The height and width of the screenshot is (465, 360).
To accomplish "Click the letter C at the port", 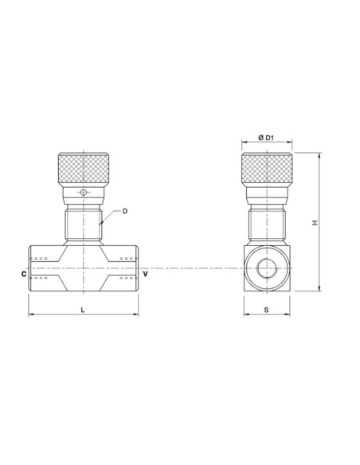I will coord(23,272).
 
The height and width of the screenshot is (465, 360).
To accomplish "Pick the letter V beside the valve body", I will coord(145,272).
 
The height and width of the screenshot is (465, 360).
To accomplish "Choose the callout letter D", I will coord(125,211).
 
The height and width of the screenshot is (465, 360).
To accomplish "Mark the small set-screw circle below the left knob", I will coord(83,193).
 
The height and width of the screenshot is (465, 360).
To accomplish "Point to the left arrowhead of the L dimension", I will coord(31,315).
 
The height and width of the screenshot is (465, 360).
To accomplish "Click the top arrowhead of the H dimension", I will coord(319,154).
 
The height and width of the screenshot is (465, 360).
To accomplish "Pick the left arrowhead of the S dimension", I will coord(245,315).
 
